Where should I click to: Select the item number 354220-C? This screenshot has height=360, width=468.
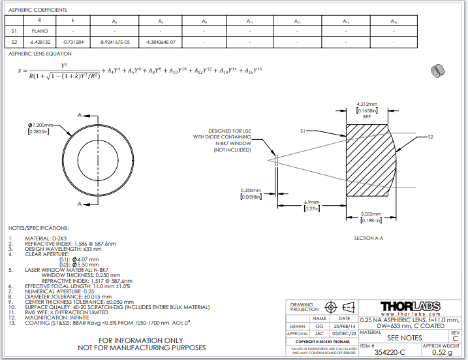390,352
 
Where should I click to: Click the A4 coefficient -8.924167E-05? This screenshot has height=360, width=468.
115,42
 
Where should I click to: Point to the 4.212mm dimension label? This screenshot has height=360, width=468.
367,105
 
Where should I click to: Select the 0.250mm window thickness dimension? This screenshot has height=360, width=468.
251,191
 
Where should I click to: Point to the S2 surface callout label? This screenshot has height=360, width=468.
430,137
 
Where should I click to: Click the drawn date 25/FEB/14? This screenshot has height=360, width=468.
345,325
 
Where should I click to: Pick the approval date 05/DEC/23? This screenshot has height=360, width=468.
345,333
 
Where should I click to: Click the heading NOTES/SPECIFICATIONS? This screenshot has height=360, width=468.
39,227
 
